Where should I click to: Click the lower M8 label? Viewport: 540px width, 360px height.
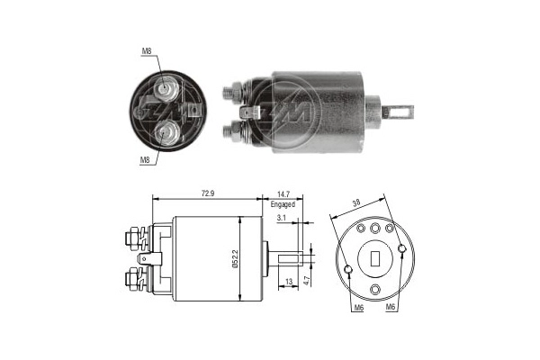[145, 160]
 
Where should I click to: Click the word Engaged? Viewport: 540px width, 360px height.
[283, 204]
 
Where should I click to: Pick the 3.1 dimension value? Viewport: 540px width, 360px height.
[282, 218]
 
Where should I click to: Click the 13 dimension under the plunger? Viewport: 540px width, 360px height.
[289, 282]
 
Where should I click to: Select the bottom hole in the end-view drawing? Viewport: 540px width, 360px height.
[376, 289]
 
